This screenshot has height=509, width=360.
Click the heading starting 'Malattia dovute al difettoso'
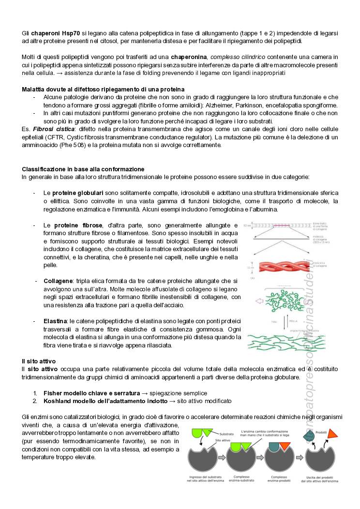click(103, 90)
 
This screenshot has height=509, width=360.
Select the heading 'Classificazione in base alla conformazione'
click(83, 169)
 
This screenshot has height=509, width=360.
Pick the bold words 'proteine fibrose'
click(78, 225)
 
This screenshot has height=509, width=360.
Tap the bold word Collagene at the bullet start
click(58, 281)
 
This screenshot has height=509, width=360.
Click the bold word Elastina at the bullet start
click(55, 321)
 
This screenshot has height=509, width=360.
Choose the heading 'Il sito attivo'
click(39, 361)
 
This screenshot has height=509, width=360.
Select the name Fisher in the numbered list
click(53, 393)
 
